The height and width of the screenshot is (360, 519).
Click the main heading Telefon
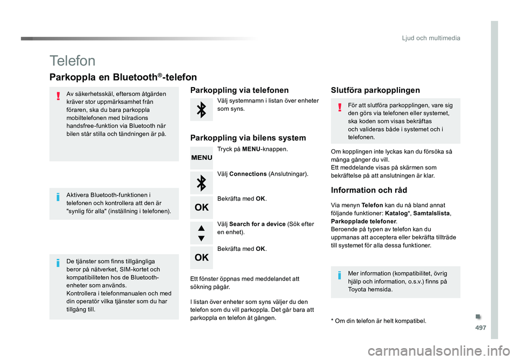click(72, 61)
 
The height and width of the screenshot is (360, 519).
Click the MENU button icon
click(202, 157)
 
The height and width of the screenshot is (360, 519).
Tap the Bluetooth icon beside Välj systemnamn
click(202, 110)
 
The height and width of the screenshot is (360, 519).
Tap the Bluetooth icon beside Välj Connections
click(202, 183)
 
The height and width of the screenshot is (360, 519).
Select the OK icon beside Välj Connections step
click(202, 207)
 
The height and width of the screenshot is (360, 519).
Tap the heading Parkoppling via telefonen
click(240, 90)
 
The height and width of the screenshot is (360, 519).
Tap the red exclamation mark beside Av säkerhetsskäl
click(57, 97)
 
